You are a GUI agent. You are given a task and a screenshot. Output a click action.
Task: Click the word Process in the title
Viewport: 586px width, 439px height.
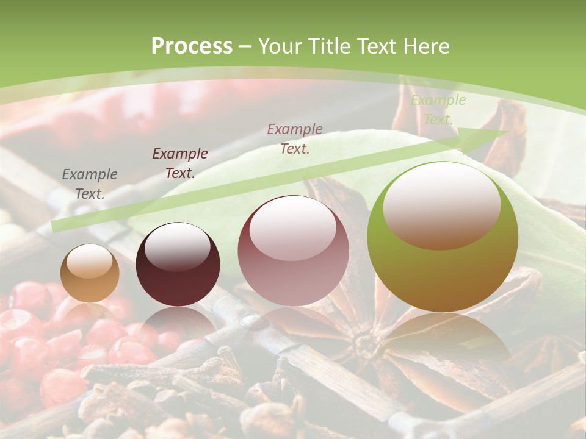tap(192, 46)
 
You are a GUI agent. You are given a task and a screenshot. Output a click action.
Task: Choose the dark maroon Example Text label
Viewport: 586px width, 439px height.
tap(180, 163)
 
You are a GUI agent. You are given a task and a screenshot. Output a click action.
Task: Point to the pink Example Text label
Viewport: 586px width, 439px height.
tap(295, 138)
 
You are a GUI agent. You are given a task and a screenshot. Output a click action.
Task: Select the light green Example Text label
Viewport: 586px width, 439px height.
tap(438, 110)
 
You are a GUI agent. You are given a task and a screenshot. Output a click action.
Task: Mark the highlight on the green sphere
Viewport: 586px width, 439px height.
tap(441, 205)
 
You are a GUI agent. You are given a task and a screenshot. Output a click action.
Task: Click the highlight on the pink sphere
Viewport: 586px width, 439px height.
tap(292, 227)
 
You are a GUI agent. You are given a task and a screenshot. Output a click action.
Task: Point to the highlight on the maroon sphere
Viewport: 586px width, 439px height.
tap(177, 246)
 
